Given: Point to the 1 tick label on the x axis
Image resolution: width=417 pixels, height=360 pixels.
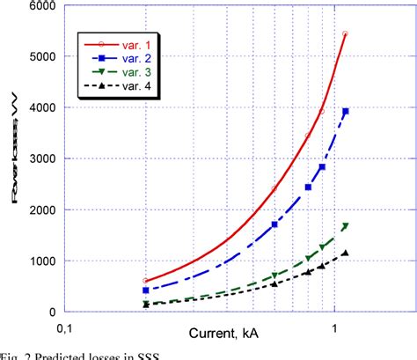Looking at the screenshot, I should [334, 328].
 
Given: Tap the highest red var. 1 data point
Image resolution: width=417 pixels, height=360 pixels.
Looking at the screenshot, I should [345, 34].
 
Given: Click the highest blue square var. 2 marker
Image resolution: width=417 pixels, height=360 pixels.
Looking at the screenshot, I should [346, 111].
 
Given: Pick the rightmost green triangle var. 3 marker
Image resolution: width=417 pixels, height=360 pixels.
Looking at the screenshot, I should [346, 226].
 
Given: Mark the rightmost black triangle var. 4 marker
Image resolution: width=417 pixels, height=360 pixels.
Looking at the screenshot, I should [346, 253].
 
